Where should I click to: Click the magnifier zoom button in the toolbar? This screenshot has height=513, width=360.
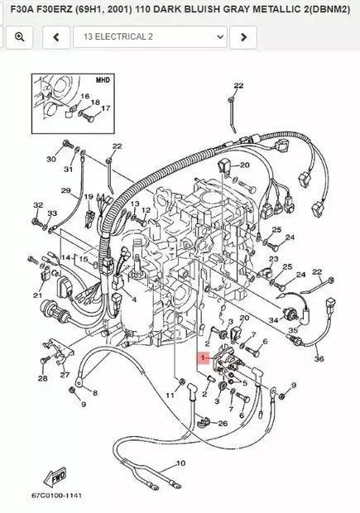click(19, 37)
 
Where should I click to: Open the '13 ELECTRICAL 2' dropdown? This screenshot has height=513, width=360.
click(149, 37)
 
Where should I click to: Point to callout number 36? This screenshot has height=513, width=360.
click(319, 358)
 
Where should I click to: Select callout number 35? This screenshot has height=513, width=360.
click(293, 331)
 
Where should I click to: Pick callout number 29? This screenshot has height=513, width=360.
click(65, 191)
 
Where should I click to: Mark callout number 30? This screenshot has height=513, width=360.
click(50, 159)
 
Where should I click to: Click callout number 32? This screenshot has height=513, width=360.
click(37, 205)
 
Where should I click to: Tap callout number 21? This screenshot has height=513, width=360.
click(37, 295)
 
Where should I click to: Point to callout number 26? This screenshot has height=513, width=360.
click(222, 424)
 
